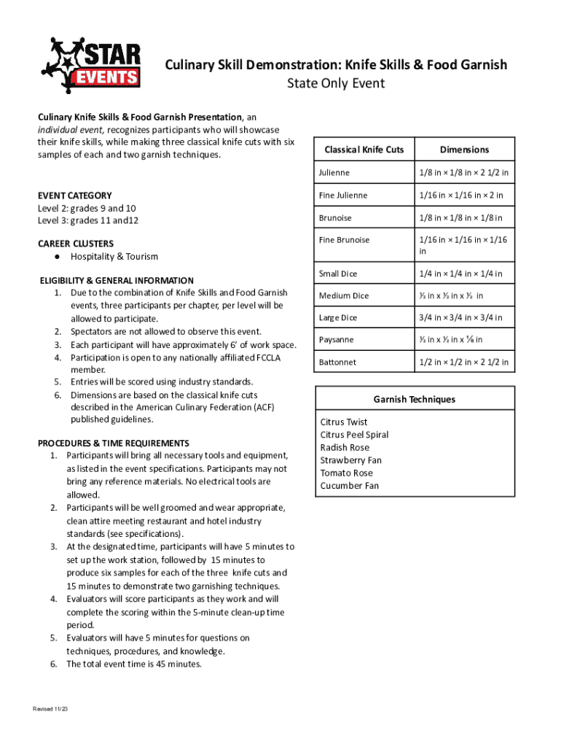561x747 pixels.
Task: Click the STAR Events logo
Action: pyautogui.click(x=91, y=65)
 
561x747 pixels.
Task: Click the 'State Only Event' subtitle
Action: pyautogui.click(x=335, y=84)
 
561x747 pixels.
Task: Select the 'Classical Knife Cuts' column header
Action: pyautogui.click(x=364, y=150)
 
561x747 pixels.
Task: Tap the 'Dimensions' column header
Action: pyautogui.click(x=464, y=150)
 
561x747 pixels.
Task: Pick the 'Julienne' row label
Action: pyautogui.click(x=334, y=173)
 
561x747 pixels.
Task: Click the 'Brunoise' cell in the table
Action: pyautogui.click(x=334, y=218)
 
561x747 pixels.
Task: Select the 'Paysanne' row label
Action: pyautogui.click(x=336, y=340)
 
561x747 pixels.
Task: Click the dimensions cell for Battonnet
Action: pyautogui.click(x=463, y=363)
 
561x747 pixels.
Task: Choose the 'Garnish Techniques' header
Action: pyautogui.click(x=415, y=400)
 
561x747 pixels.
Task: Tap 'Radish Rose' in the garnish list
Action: pyautogui.click(x=345, y=448)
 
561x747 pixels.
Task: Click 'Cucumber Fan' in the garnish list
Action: pyautogui.click(x=350, y=486)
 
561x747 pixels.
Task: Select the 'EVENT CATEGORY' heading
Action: pyautogui.click(x=75, y=196)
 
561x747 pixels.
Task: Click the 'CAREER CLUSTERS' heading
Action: pyautogui.click(x=76, y=244)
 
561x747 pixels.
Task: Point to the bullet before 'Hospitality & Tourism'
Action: pyautogui.click(x=55, y=257)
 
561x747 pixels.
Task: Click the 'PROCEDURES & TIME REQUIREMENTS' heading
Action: pyautogui.click(x=114, y=444)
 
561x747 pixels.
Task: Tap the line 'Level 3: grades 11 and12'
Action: pyautogui.click(x=88, y=220)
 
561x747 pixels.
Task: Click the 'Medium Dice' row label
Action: pyautogui.click(x=344, y=296)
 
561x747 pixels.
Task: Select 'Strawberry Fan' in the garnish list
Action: pyautogui.click(x=350, y=460)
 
